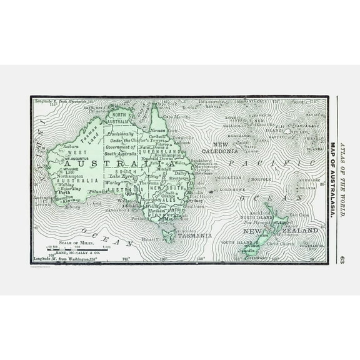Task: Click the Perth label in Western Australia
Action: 65,174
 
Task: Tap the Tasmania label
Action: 194,236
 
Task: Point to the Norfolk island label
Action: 261,179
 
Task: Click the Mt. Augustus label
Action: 74,159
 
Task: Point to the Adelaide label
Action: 132,206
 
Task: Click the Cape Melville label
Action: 176,117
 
